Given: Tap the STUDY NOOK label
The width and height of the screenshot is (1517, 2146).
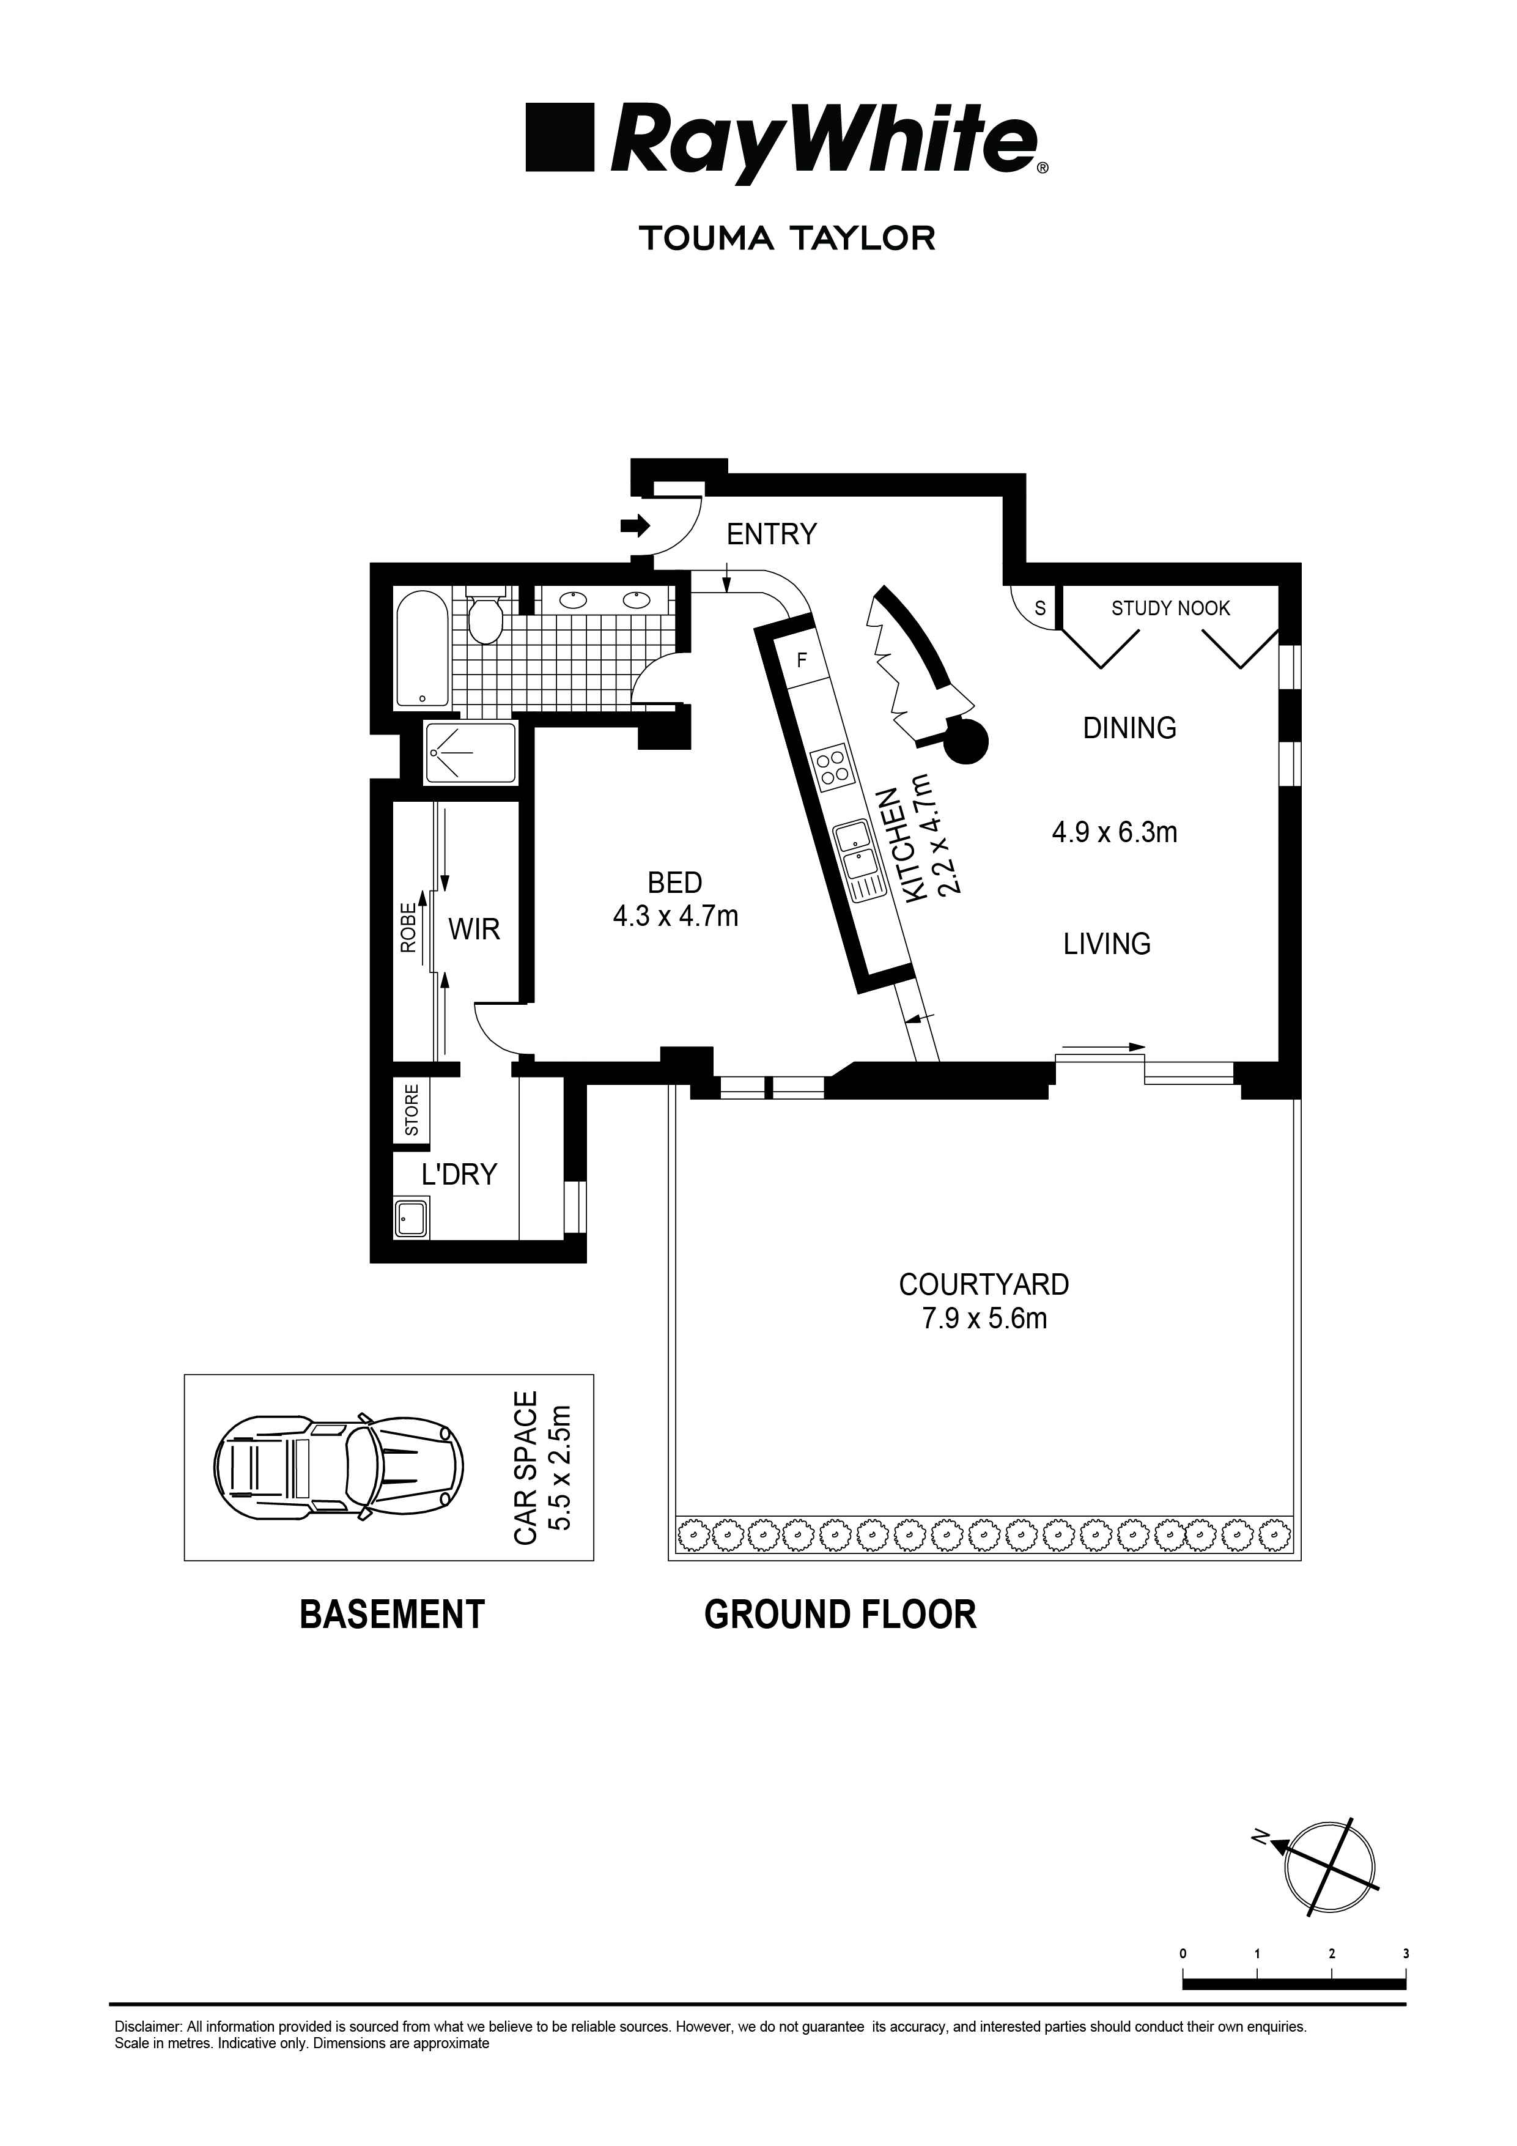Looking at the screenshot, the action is (1170, 609).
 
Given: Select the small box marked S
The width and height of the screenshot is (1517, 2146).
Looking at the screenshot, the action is (1039, 607).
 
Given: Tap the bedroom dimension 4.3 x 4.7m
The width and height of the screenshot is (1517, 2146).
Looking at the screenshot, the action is (675, 916).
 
